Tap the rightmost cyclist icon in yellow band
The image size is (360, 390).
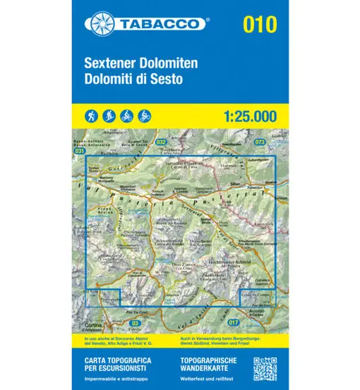point(145,114)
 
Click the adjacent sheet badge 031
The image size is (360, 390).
point(79,151)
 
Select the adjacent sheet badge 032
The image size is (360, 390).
point(161,142)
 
